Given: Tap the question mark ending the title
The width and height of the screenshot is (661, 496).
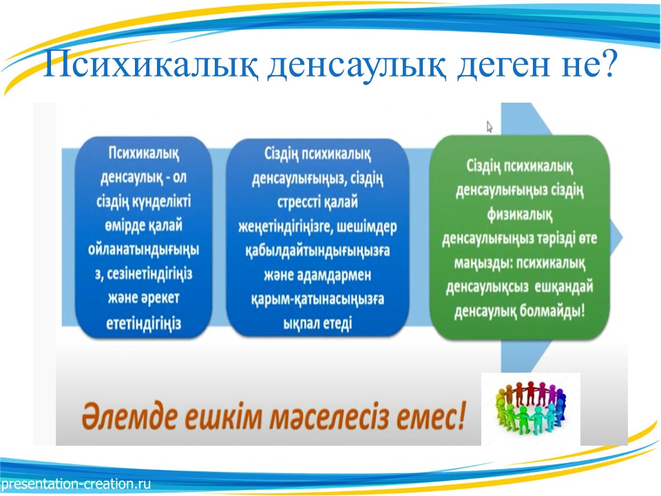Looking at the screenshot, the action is (x=607, y=63).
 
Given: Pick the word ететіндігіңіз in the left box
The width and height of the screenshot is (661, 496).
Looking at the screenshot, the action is (x=144, y=324).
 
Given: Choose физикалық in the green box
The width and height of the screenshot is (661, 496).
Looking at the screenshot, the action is (x=519, y=215).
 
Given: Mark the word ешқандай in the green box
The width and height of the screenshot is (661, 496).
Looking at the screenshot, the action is (x=564, y=287).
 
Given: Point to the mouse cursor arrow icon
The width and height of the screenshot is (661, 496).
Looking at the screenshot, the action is (x=489, y=127).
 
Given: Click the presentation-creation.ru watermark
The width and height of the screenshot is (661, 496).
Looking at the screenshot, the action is (x=76, y=484).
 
